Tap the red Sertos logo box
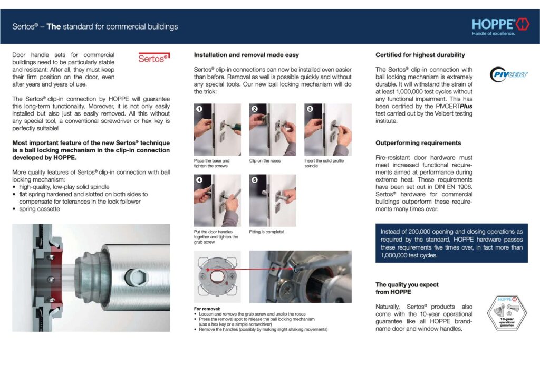coord(153,59)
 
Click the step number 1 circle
coord(199,109)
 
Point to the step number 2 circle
coord(254,109)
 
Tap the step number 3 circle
coord(310,109)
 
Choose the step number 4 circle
coord(199,180)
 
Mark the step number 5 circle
coord(254,180)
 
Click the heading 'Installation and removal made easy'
coord(246,55)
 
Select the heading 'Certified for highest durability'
coord(420,55)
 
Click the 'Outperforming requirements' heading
coord(418,143)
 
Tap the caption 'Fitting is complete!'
coord(266,232)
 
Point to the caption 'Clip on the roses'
coord(265,160)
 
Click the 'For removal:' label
coord(207,309)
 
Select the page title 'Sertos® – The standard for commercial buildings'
coord(95,26)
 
